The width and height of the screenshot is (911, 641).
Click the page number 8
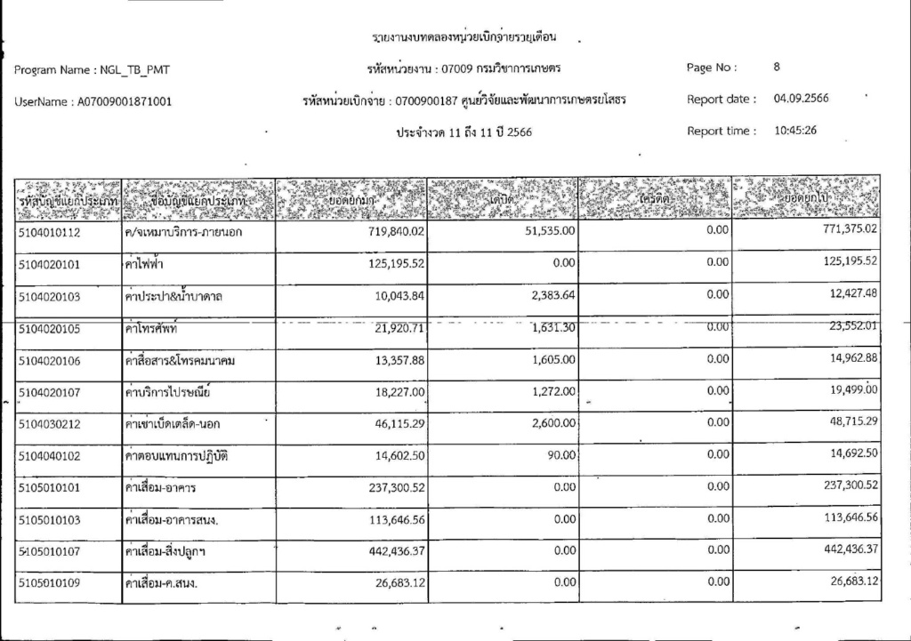[777, 67]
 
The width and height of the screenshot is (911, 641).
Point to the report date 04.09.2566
[801, 99]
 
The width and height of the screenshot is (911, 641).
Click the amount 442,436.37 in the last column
[842, 549]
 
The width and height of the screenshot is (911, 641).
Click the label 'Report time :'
[721, 131]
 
